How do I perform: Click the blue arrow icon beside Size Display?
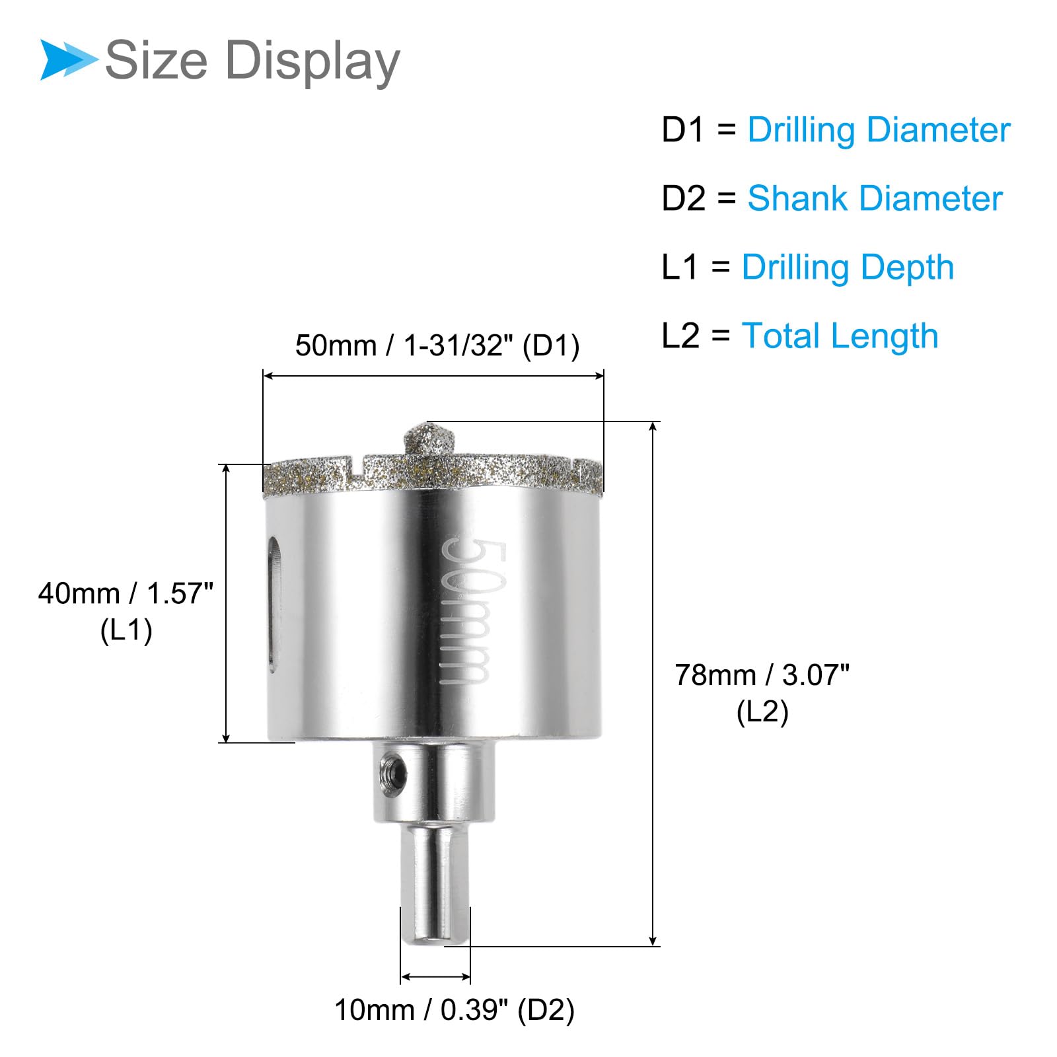68,59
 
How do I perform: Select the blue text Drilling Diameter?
879,130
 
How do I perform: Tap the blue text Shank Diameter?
875,198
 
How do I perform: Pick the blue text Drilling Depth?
848,268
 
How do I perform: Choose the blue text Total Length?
840,336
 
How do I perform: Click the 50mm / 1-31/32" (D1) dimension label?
437,346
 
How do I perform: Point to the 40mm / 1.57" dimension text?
126,593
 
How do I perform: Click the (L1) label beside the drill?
126,630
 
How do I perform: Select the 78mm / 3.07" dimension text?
762,675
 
